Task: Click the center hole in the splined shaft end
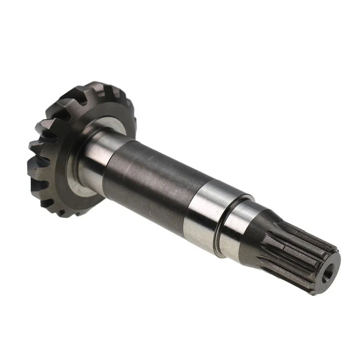[328, 275]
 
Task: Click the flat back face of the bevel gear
[54, 171]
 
